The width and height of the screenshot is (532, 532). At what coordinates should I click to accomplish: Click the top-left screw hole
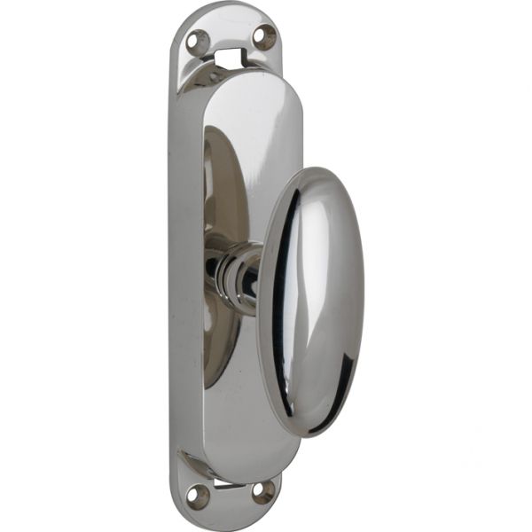coord(197,40)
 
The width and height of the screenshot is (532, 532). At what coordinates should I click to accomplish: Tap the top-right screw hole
coord(263,36)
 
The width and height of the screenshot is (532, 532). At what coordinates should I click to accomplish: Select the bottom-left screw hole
coord(199,496)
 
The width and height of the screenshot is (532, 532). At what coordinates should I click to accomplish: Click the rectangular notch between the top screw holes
coord(230,58)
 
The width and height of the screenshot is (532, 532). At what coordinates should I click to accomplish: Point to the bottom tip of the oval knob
coord(310,434)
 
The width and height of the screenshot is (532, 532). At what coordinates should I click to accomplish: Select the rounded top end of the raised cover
coord(244,80)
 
